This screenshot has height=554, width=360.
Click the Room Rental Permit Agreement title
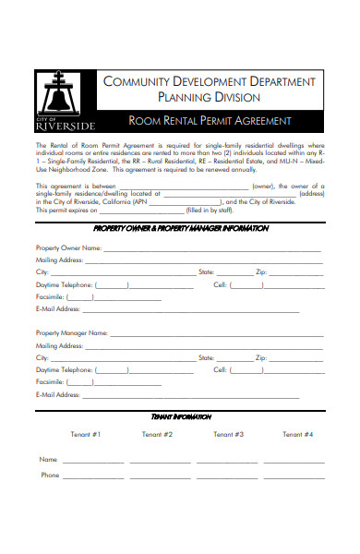pos(210,121)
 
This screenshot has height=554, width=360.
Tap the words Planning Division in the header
pos(209,97)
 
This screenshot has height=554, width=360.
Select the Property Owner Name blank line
pos(212,249)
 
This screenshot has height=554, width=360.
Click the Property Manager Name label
pos(68,332)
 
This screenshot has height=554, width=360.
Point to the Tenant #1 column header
pos(85,434)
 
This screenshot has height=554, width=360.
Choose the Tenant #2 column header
pos(157,434)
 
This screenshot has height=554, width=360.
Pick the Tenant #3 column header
pos(228,434)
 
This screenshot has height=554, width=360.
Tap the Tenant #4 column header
pos(297,434)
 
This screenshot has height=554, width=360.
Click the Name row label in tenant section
pos(48,459)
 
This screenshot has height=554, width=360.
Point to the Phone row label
pos(49,476)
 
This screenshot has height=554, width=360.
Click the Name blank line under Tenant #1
pos(93,461)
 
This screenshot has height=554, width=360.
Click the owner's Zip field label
pos(260,273)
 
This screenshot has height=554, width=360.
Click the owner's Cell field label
pos(220,285)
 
